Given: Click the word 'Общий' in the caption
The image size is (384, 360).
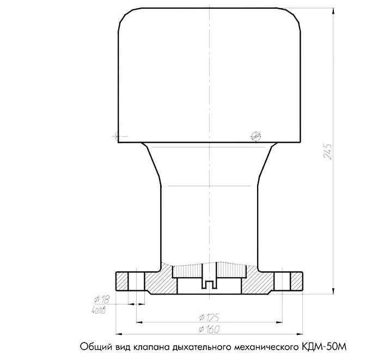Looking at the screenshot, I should (92, 346).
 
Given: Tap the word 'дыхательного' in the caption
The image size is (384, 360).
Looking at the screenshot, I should (202, 346).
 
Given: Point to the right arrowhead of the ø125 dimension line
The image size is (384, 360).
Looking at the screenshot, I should (282, 319).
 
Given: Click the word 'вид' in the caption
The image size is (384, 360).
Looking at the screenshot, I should (120, 346).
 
